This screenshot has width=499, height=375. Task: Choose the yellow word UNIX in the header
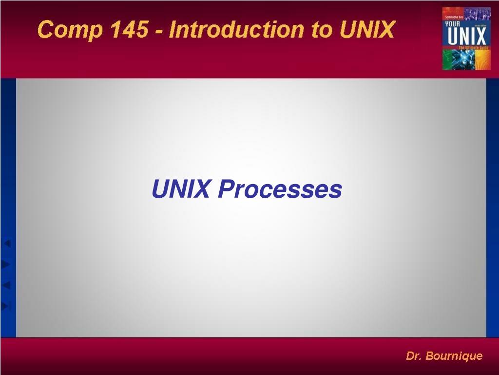click(x=366, y=30)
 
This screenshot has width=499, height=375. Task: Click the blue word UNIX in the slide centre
click(x=181, y=189)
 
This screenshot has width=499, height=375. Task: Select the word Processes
click(x=280, y=189)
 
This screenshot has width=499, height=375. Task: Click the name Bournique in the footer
click(x=454, y=356)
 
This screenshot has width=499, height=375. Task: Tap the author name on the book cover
click(x=454, y=17)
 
